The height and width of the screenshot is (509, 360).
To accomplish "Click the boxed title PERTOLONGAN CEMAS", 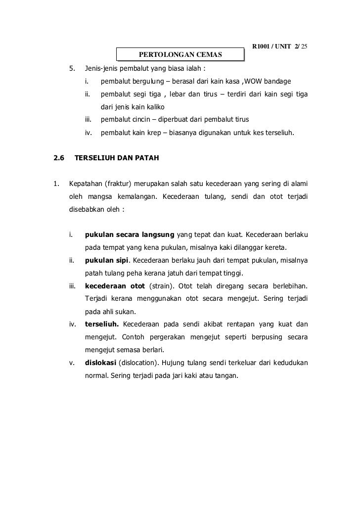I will [180, 53].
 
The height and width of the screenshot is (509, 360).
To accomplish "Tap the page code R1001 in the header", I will [262, 46].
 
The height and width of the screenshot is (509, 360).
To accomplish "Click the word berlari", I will [151, 349].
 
